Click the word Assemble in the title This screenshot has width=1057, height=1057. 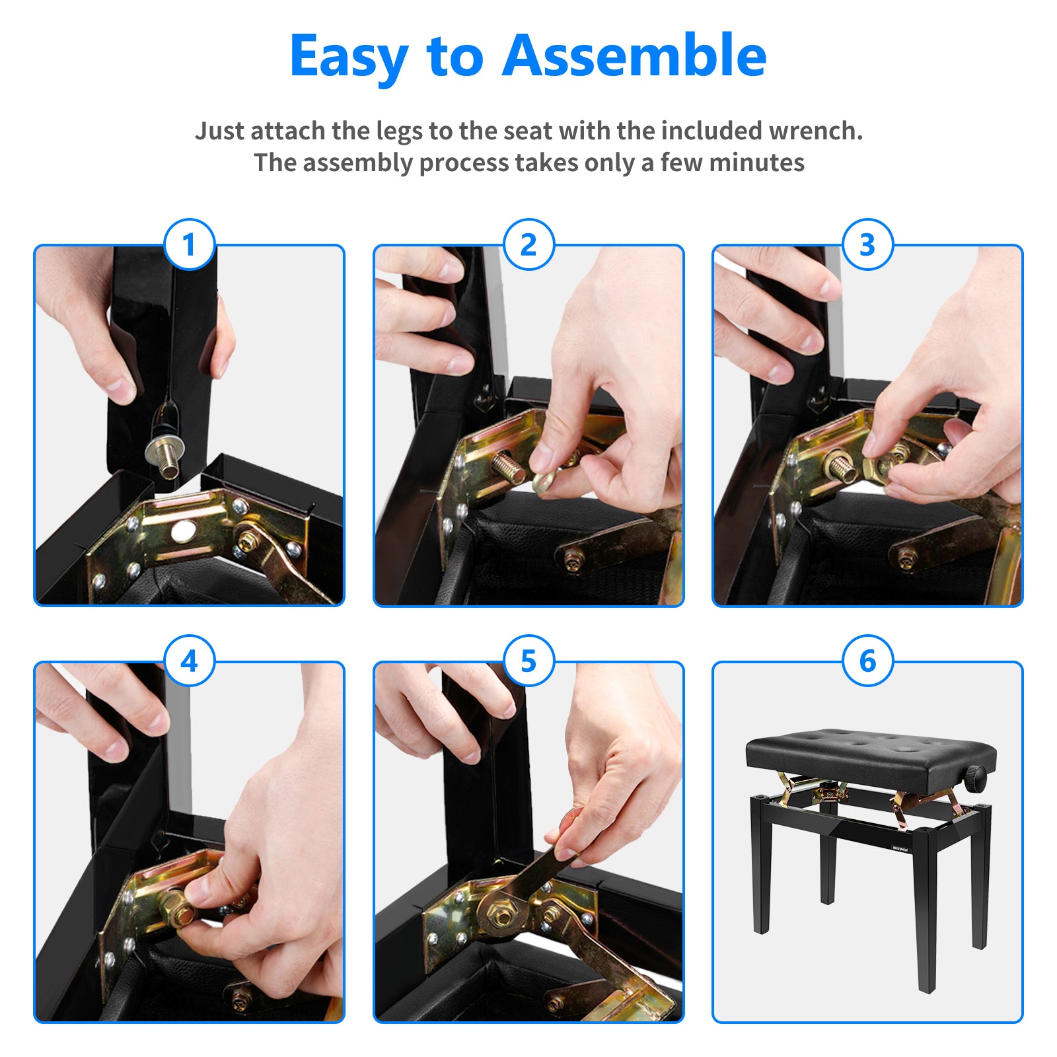(634, 55)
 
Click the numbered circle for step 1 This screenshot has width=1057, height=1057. (190, 244)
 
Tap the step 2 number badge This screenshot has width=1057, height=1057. (528, 244)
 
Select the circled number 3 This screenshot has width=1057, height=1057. (867, 244)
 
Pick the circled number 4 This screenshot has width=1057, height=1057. (190, 661)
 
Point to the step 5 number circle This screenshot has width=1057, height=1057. (528, 661)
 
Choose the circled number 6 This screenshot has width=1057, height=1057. (867, 661)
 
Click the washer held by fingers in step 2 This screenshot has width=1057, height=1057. (546, 480)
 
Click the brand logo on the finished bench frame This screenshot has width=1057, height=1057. (900, 850)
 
